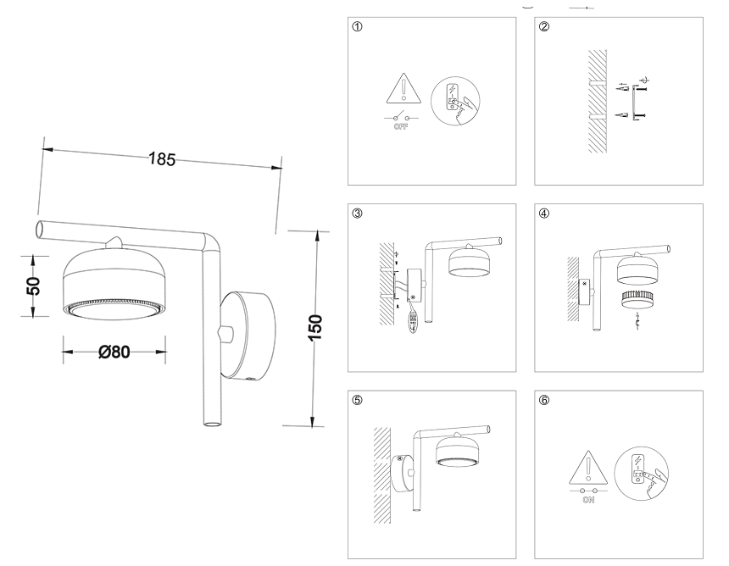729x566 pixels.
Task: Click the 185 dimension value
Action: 162,158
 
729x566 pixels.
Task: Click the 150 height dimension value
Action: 314,326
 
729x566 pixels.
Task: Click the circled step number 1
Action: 358,27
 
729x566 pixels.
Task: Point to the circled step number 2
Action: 543,27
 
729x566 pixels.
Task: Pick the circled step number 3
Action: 358,213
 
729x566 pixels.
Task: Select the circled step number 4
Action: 543,213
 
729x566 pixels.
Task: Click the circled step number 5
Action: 358,399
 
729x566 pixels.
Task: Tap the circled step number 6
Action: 543,399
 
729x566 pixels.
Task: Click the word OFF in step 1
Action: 400,127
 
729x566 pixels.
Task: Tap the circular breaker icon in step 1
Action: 455,102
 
